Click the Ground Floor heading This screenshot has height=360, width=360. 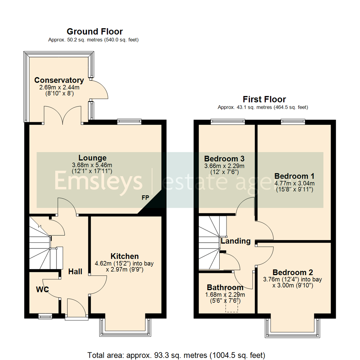95,32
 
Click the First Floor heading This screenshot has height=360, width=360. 264,99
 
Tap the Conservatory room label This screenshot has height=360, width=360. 59,80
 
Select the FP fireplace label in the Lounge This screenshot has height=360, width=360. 145,198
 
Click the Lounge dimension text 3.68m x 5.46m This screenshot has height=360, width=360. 92,165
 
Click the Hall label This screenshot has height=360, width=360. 75,272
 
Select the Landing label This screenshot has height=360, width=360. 236,241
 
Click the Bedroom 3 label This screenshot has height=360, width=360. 225,158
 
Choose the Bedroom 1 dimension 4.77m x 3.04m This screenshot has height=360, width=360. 294,183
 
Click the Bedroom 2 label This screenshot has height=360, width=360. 292,272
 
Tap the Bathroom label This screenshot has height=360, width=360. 225,287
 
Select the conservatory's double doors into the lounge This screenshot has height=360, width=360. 63,115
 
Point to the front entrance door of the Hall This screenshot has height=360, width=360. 77,308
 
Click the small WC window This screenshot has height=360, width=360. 45,315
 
